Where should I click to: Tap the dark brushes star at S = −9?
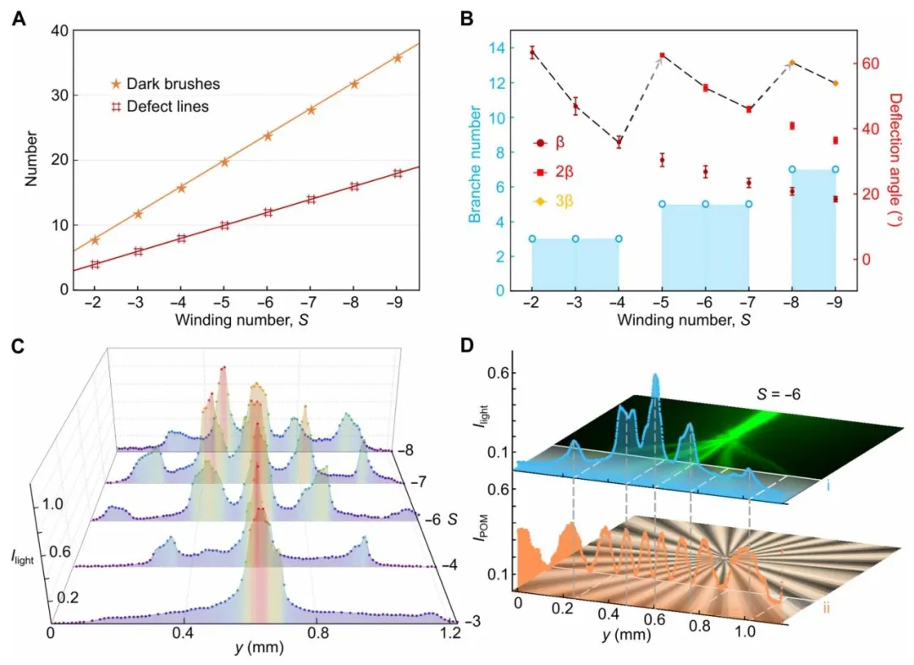[x=397, y=58]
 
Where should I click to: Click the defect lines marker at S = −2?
[x=95, y=264]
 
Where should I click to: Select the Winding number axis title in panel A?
[x=246, y=322]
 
